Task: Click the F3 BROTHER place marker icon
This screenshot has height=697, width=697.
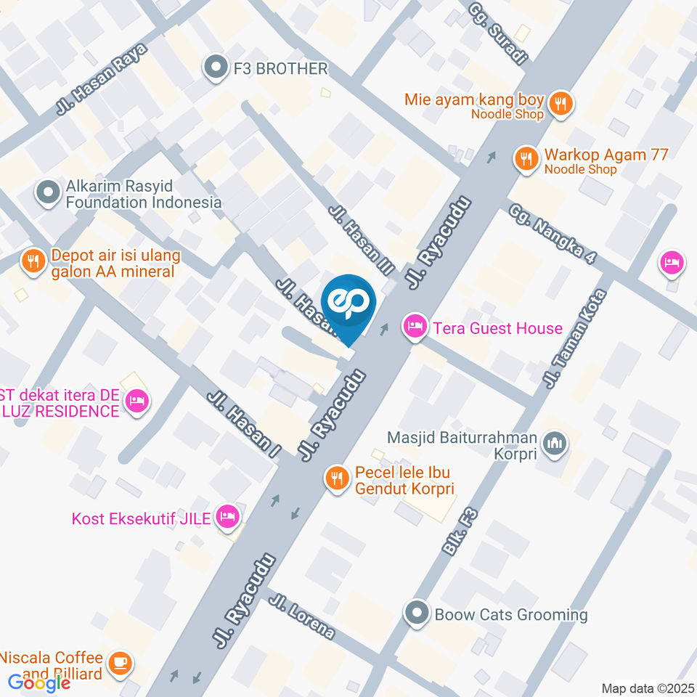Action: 216,69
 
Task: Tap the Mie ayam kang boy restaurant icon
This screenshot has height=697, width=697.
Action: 559,104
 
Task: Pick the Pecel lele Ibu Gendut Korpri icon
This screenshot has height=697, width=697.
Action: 335,479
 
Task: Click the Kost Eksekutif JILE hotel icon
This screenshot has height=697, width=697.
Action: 228,518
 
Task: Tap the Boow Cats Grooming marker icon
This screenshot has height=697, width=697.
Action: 417,614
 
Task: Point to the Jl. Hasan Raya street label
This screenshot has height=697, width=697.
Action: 101,80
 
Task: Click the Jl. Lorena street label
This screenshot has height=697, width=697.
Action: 301,616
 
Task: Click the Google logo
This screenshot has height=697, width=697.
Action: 39,682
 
